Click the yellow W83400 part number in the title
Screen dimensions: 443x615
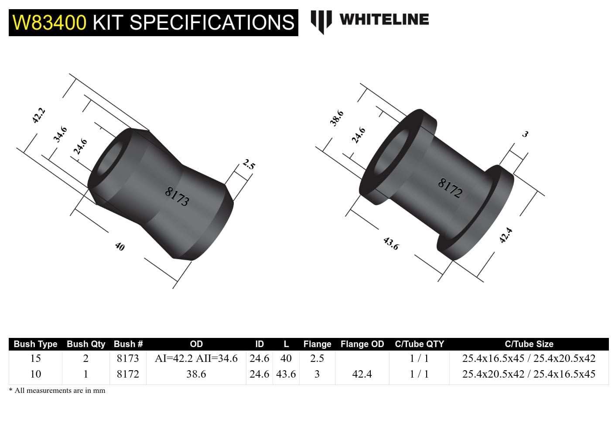49,22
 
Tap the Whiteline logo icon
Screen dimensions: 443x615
321,21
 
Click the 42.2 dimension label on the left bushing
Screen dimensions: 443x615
38,116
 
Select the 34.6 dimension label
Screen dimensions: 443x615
60,134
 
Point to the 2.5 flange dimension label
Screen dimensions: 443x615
249,165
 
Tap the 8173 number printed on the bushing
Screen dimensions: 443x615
177,196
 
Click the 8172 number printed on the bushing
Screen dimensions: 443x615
450,188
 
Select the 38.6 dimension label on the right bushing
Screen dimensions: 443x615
337,118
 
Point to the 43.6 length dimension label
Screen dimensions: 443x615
391,243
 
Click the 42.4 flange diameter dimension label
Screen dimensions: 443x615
506,235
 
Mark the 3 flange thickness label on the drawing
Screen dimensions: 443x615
525,134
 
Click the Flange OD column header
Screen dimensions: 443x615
362,344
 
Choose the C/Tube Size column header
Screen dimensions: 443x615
529,344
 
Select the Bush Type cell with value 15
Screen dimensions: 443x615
35,358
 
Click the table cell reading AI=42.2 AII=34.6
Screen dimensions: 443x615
196,358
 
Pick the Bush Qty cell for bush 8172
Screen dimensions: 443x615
85,374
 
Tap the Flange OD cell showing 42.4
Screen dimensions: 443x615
362,374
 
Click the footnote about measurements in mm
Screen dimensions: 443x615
57,391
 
